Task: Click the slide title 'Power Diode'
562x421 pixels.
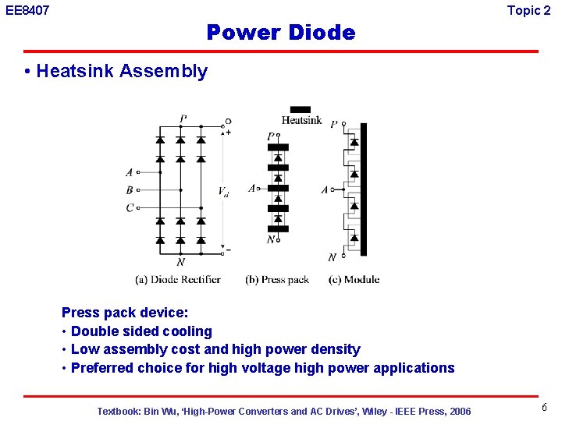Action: (280, 33)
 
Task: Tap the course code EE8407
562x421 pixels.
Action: (27, 11)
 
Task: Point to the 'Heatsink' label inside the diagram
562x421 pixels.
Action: (301, 121)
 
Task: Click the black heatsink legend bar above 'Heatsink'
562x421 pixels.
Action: (301, 110)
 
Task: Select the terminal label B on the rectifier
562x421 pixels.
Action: (130, 189)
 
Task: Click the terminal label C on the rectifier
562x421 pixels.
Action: (130, 207)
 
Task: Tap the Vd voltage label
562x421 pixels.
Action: (223, 192)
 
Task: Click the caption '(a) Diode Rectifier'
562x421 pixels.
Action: (177, 279)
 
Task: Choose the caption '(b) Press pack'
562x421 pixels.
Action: (276, 279)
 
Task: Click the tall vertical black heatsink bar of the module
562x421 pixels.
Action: (363, 189)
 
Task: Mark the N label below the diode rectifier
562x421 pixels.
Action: (181, 262)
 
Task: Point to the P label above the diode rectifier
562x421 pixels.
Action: (183, 119)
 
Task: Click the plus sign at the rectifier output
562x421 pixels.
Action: (228, 133)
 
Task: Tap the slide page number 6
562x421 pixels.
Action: (544, 408)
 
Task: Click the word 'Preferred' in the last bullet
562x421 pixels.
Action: (104, 368)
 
